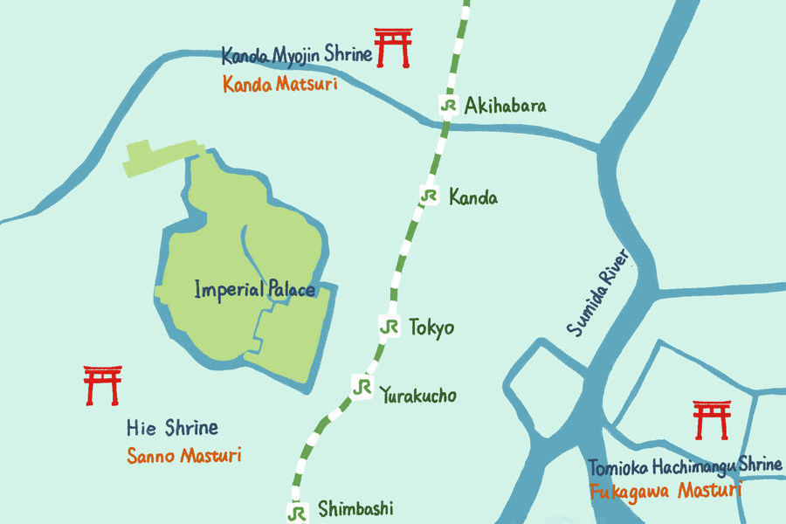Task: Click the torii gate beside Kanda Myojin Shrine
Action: click(x=393, y=47)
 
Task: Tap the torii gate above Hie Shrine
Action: click(x=102, y=385)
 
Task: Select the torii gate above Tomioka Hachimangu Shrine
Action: click(x=711, y=420)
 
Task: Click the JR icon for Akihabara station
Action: click(x=449, y=106)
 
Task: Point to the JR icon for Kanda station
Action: click(x=428, y=196)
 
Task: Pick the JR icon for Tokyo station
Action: click(x=390, y=327)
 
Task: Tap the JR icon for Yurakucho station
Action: click(x=362, y=385)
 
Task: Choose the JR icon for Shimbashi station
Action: click(x=299, y=511)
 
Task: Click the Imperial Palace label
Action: click(x=254, y=288)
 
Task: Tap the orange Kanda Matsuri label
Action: click(x=279, y=85)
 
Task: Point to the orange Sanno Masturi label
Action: click(x=183, y=455)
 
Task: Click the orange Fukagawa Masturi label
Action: click(x=665, y=491)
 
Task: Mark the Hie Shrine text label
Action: click(x=172, y=428)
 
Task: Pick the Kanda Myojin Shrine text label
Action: click(x=297, y=57)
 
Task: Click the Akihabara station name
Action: click(x=506, y=107)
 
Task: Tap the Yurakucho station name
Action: click(x=418, y=396)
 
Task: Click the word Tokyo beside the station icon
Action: click(x=431, y=328)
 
